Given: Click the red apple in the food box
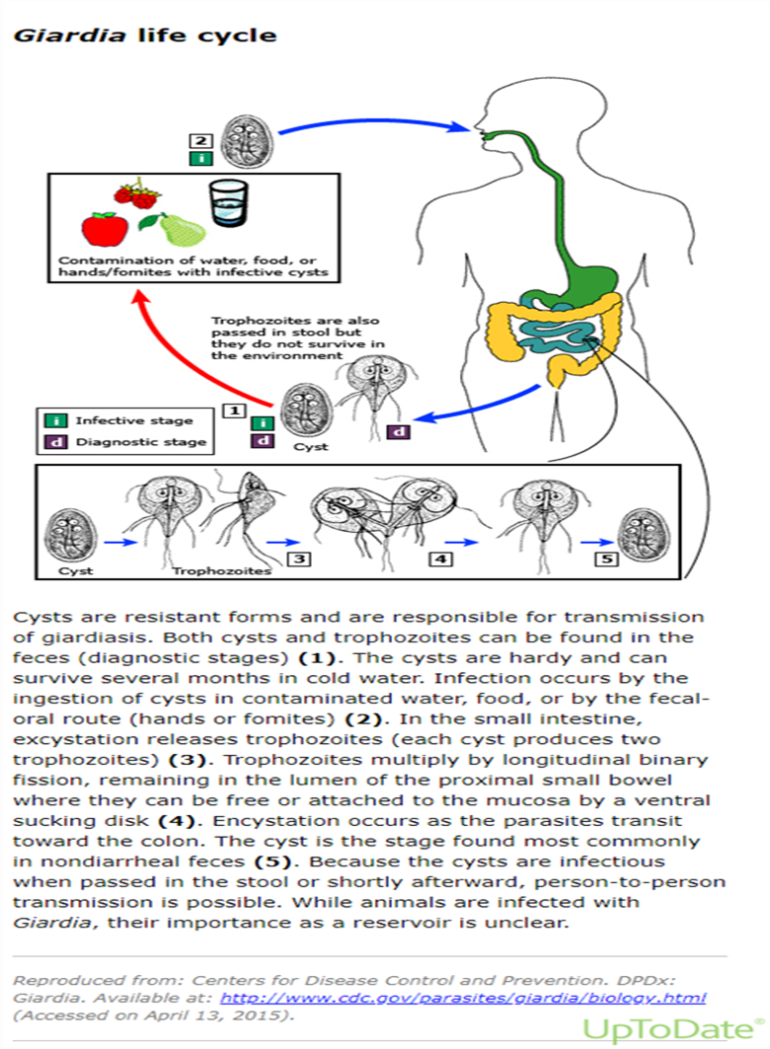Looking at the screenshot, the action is (105, 230).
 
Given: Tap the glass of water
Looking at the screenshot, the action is (228, 202).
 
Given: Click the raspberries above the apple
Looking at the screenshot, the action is (138, 194).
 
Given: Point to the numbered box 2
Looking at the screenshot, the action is (200, 140).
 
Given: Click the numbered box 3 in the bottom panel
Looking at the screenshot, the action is (299, 559).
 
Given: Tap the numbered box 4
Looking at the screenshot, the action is (440, 559).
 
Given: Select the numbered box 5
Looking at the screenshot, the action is (606, 558).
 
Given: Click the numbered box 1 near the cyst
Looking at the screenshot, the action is (234, 411).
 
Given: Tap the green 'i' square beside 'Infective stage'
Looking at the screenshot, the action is (55, 420).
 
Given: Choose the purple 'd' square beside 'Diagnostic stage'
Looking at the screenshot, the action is (55, 442).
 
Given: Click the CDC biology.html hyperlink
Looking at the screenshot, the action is (463, 998).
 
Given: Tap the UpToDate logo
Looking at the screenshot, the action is (673, 1029).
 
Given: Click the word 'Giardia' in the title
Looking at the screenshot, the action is (69, 35).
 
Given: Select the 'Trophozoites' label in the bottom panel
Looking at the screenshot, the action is (221, 570).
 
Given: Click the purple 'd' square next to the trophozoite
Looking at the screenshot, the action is (399, 432).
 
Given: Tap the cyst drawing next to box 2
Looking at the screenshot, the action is (248, 142).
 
